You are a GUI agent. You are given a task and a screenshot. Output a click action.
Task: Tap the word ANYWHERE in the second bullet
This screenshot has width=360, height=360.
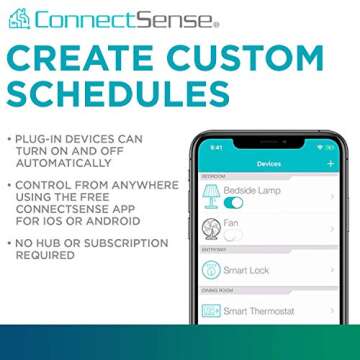coord(146,186)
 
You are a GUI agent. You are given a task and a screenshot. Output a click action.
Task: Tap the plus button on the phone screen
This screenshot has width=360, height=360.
coord(331,163)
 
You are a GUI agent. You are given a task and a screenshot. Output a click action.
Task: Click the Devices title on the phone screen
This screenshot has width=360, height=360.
coord(269,163)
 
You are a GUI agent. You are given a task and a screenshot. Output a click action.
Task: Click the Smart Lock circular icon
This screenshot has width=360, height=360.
coord(211,270)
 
